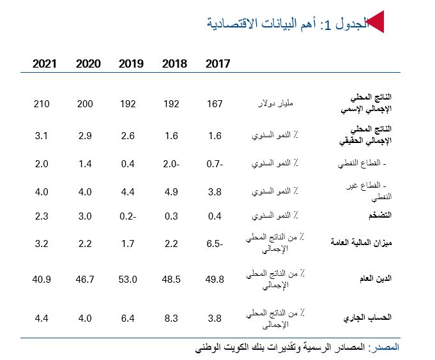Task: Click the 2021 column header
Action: [45, 64]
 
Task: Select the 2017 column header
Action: [218, 64]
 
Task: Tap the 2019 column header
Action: [131, 64]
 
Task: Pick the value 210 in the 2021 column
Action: [42, 103]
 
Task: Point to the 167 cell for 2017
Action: [215, 103]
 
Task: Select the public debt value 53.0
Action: [128, 279]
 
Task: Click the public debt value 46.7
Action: [86, 279]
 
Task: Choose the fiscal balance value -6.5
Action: [215, 243]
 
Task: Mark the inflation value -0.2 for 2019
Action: [128, 216]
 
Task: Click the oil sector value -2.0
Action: [172, 163]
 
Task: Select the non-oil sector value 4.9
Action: [172, 190]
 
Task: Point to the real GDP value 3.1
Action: [42, 136]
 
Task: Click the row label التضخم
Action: [376, 216]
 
